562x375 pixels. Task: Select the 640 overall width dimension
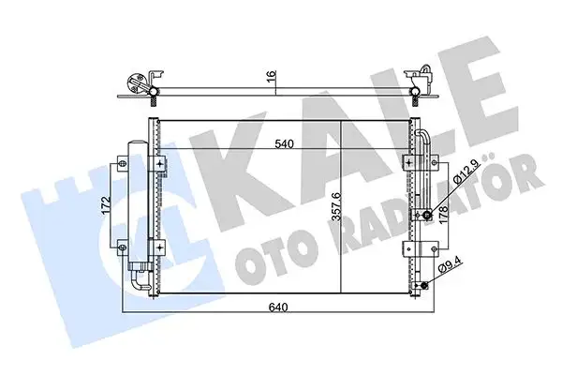pos(275,304)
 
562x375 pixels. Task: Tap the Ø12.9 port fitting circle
pos(427,216)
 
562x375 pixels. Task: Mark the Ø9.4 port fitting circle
pos(423,287)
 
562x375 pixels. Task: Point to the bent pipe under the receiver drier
pos(140,277)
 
